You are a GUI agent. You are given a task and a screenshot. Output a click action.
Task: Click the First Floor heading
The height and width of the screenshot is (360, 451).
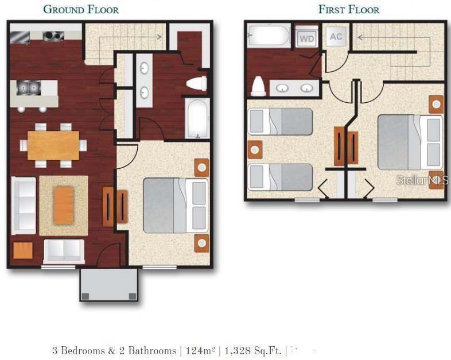coord(349,9)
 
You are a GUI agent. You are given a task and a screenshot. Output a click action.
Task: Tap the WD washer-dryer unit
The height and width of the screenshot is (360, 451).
coord(306,38)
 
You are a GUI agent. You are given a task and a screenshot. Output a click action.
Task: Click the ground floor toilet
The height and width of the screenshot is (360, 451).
coord(197,84)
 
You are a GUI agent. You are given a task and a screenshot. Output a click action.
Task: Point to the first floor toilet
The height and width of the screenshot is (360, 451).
coord(258,86)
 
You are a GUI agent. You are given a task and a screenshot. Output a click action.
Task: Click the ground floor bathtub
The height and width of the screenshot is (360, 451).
coord(197,118)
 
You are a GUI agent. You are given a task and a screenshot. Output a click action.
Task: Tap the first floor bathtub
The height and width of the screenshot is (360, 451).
coord(269,36)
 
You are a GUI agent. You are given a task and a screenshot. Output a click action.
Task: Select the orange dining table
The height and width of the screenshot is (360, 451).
coord(53,145)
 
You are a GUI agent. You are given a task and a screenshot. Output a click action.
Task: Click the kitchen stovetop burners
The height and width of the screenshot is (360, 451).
coord(53,36)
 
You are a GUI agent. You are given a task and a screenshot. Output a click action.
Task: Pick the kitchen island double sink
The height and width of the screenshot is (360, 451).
coord(26,88)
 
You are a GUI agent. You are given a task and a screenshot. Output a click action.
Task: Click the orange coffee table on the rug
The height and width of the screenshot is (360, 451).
coord(63,206)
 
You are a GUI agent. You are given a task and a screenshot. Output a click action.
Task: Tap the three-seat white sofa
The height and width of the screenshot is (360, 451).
coord(24,206)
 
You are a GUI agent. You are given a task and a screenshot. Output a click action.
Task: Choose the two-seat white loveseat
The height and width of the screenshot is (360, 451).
coord(64,250)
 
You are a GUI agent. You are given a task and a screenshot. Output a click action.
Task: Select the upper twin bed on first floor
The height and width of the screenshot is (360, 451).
coord(281,122)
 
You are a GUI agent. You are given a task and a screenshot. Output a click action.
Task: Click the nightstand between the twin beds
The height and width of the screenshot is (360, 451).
coord(255,149)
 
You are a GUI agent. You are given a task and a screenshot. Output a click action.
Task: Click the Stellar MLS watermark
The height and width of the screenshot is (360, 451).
coord(422,180)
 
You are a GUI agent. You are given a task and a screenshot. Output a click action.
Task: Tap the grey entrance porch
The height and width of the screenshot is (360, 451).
coord(108,284)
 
